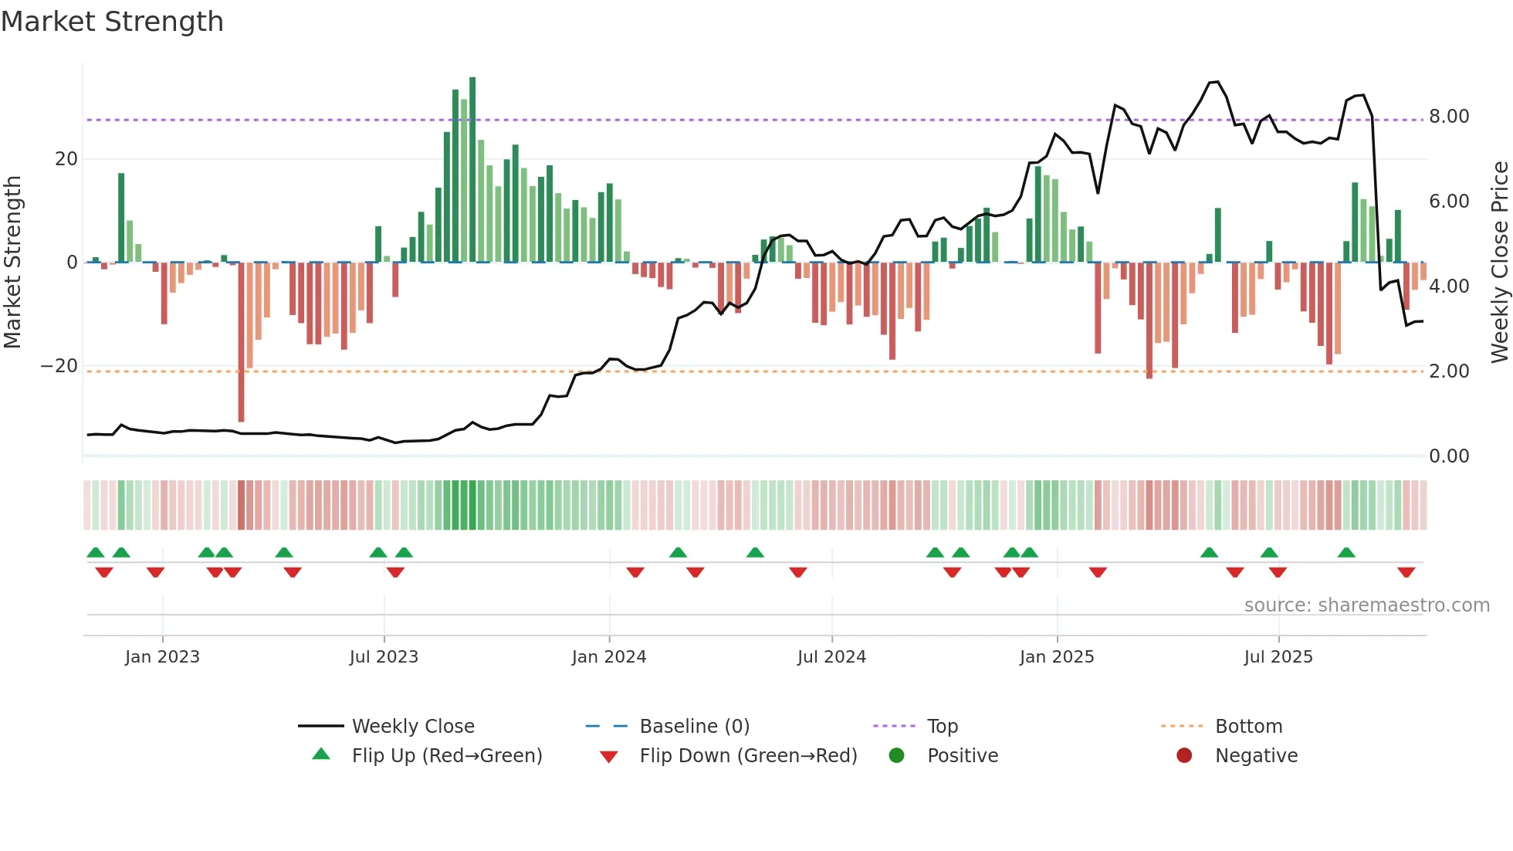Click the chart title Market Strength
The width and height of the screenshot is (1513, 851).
click(x=112, y=22)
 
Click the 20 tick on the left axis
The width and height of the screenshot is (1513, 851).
click(x=66, y=159)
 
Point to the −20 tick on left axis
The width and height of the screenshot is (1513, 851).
click(x=60, y=366)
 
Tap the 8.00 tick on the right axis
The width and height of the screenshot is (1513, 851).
click(x=1449, y=117)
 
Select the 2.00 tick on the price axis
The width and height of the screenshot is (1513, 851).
click(x=1449, y=371)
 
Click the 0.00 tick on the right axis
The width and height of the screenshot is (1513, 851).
click(x=1449, y=456)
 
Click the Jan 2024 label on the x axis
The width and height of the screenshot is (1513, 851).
click(x=609, y=657)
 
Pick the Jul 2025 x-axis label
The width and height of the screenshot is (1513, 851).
click(x=1278, y=657)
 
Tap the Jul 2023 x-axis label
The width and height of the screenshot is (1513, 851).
click(x=384, y=657)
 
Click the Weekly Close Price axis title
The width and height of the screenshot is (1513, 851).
click(x=1499, y=263)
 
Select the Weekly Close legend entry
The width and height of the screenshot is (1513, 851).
click(x=413, y=727)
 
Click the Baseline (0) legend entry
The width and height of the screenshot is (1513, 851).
click(x=694, y=727)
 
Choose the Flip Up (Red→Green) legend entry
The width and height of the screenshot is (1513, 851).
click(x=446, y=756)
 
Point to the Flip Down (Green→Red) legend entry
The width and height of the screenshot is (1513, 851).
click(x=747, y=756)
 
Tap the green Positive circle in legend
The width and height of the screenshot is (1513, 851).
click(x=896, y=755)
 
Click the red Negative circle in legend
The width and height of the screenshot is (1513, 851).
click(x=1184, y=755)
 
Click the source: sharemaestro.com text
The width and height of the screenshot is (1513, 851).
click(x=1366, y=605)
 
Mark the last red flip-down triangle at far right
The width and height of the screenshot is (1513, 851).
click(x=1406, y=572)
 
